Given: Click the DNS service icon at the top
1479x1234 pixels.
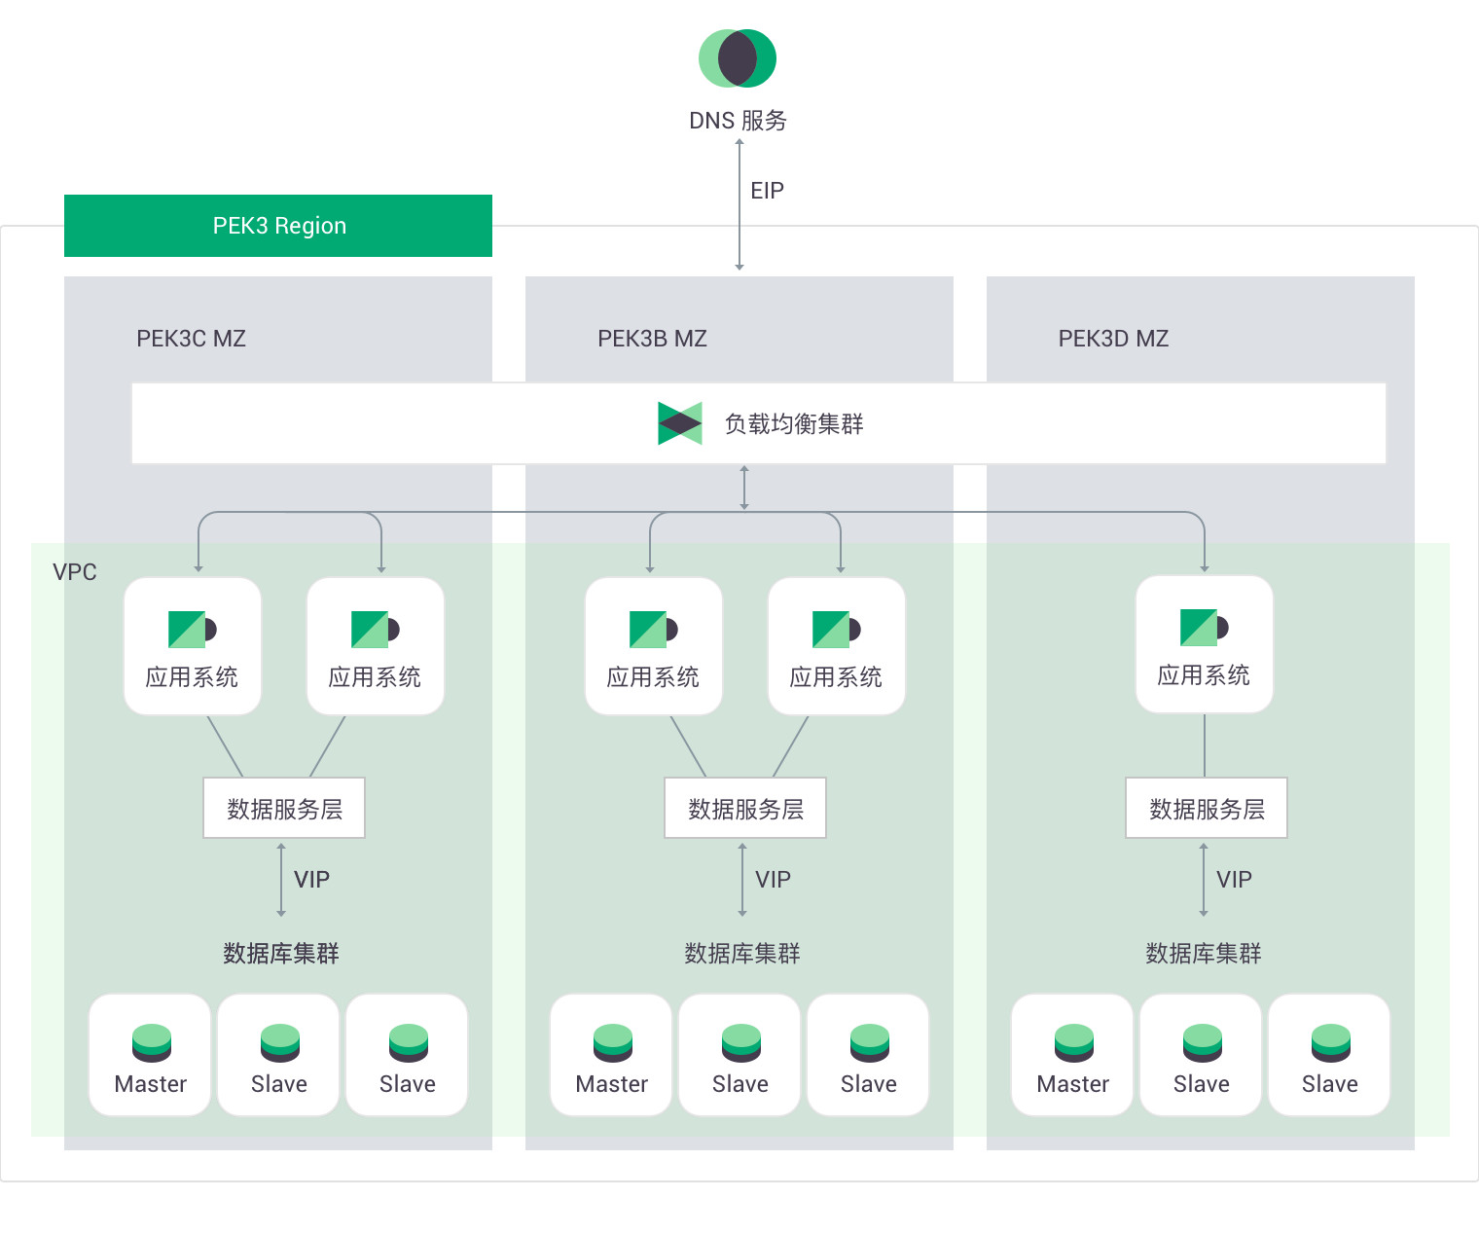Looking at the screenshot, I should (738, 58).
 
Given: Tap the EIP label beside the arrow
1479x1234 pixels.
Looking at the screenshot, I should (767, 191).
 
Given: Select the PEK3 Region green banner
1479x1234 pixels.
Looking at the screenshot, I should (278, 226).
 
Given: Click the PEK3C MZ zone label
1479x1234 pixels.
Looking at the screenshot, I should (191, 339).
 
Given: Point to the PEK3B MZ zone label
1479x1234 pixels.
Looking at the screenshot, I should (652, 339).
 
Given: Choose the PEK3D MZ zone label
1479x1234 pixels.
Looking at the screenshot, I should (1113, 339).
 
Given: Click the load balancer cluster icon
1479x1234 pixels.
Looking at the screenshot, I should (679, 423).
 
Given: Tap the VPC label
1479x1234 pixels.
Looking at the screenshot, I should (75, 572).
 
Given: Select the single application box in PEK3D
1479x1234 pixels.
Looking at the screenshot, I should (1204, 644).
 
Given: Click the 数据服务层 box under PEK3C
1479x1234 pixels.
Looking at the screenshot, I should (284, 808).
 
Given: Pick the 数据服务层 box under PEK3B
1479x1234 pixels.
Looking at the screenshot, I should (745, 808).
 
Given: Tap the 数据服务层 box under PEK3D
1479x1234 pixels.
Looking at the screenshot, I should (1207, 808).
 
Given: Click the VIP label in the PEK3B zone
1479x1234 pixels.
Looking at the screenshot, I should (773, 880).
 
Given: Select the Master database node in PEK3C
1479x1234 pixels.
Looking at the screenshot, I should (150, 1055).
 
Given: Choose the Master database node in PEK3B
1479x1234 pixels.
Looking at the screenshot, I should (611, 1055).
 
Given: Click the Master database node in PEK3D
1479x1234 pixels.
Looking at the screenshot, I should (1072, 1055).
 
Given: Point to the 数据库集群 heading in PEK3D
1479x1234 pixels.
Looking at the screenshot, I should (1204, 954).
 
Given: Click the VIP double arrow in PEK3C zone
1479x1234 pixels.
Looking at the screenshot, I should (281, 880).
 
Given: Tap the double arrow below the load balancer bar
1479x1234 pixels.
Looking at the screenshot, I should (744, 488).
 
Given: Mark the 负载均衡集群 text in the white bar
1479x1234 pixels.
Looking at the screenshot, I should (794, 424).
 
